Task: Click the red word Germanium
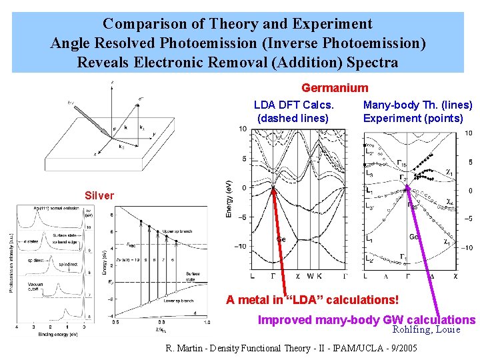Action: (x=335, y=88)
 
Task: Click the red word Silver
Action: (x=99, y=195)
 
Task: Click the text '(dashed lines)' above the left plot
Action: (x=293, y=118)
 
